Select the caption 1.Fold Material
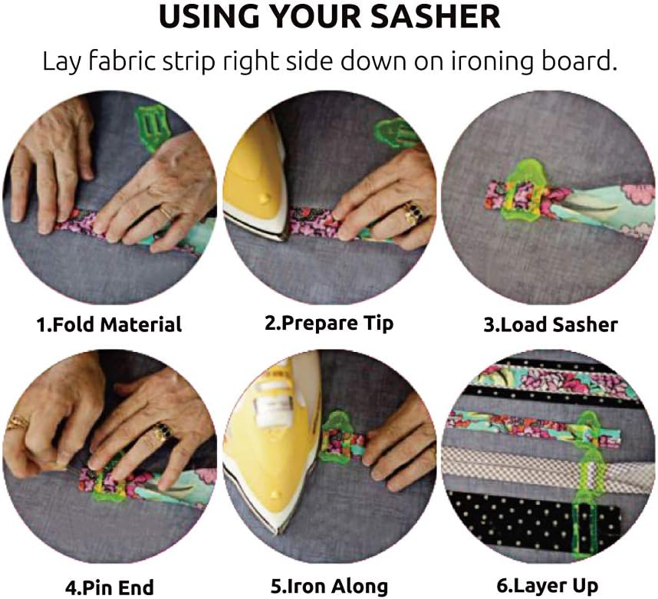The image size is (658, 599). [x=109, y=324]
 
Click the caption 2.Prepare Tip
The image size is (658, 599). [x=329, y=323]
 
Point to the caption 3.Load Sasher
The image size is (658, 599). [x=550, y=324]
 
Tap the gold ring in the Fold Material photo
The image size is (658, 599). [x=166, y=211]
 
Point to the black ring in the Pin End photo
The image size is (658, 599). [x=160, y=433]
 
